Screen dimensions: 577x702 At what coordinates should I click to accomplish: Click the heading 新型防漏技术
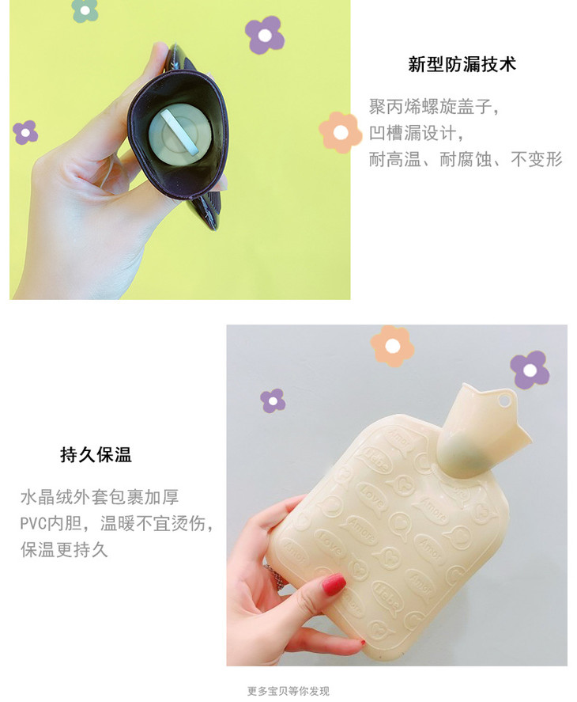point(462,64)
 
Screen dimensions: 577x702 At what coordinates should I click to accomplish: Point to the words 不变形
point(537,159)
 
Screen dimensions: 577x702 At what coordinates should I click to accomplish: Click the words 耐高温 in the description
point(394,159)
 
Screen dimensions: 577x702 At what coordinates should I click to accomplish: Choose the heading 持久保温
point(96,455)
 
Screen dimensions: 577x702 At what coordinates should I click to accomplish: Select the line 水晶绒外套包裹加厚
point(100,497)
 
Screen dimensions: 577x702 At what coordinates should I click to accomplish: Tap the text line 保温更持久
point(64,550)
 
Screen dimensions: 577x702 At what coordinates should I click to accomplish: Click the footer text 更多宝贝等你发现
point(288,691)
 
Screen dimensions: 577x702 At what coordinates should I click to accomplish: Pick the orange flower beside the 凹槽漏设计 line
point(341,132)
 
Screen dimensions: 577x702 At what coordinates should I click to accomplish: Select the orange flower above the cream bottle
point(392,346)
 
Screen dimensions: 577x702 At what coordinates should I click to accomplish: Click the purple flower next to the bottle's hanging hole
point(530,370)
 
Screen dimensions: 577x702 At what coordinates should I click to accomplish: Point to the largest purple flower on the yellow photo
point(264,35)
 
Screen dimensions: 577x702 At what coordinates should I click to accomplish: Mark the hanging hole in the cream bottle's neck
point(504,400)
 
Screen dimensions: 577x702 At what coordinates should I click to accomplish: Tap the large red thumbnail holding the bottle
point(334,584)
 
